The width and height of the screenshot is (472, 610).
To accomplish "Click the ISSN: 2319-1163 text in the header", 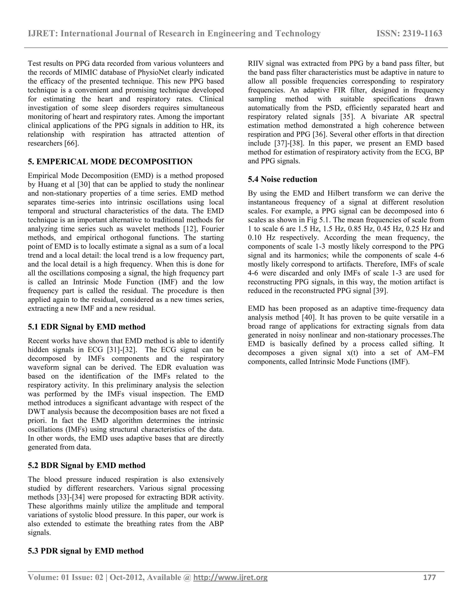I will (409, 34).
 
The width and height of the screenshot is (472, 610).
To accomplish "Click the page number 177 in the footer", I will (430, 577).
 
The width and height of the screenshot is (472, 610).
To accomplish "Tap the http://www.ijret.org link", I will (230, 578).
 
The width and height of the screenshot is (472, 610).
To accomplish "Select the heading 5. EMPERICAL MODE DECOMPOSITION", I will (110, 161).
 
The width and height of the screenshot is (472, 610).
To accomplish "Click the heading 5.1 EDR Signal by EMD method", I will (87, 327).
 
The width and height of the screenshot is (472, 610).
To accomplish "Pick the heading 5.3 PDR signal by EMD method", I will (86, 551).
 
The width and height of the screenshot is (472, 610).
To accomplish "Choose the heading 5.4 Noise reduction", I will (282, 179).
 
